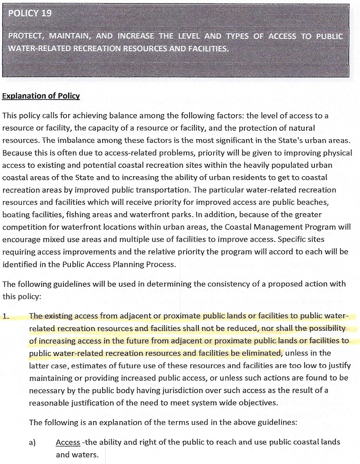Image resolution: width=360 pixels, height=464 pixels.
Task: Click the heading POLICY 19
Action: click(x=30, y=13)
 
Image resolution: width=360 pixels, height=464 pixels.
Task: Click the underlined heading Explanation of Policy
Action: click(x=41, y=96)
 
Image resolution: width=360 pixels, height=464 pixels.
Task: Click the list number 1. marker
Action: click(x=6, y=317)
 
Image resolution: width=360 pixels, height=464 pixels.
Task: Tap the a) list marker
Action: click(x=32, y=442)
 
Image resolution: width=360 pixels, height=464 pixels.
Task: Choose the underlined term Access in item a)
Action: click(x=68, y=442)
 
